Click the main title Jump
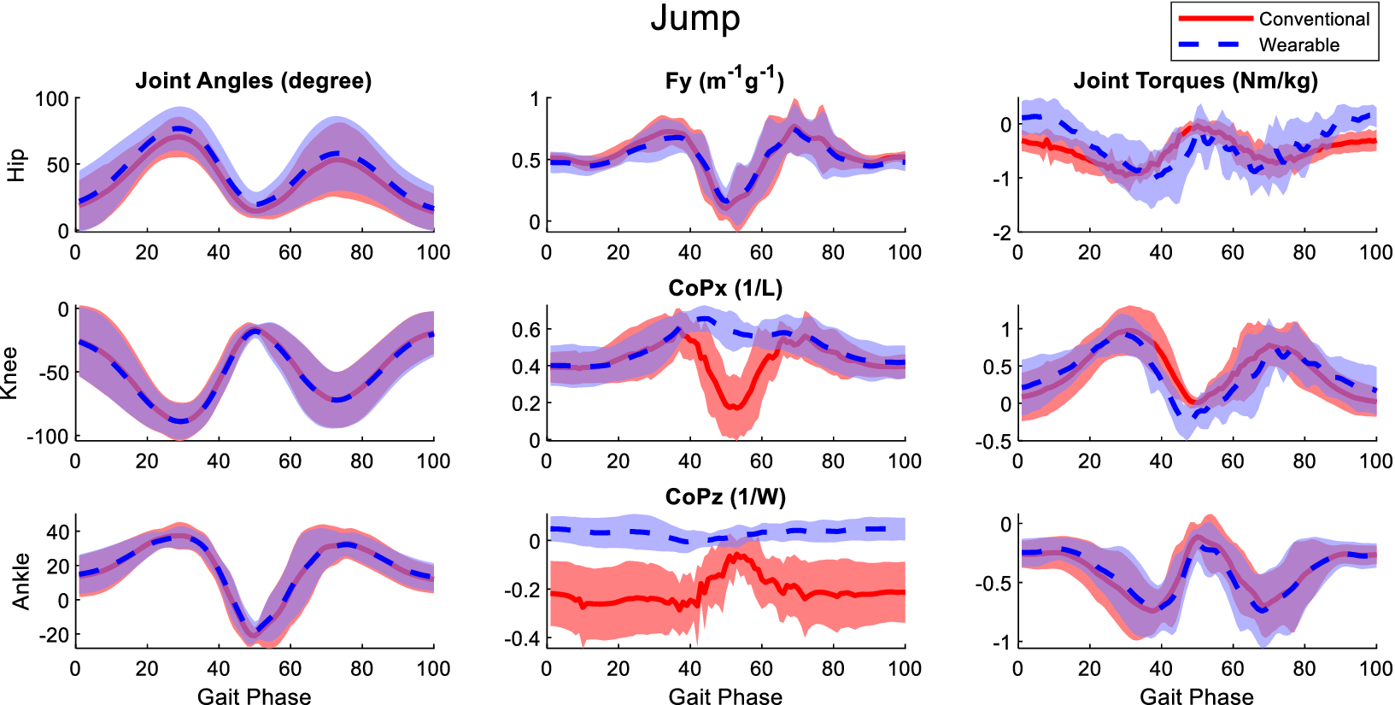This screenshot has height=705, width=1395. [695, 19]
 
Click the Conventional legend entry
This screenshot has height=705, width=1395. [1313, 19]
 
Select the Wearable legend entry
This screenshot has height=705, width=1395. [1298, 45]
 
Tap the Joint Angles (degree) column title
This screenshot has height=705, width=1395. [254, 81]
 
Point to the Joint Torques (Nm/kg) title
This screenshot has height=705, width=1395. [1195, 81]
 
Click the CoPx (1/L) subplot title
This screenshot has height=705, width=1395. [725, 289]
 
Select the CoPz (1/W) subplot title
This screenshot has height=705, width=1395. [725, 497]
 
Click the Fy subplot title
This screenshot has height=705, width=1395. [724, 81]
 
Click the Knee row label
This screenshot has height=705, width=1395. [10, 373]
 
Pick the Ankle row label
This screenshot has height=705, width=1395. [21, 581]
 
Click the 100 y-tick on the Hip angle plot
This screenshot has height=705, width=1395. [51, 99]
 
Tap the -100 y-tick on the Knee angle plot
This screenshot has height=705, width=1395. [47, 437]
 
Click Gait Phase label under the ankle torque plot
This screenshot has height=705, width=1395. [1196, 696]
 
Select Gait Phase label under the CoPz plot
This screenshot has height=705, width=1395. [725, 696]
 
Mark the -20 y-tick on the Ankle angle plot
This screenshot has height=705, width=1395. [52, 635]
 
